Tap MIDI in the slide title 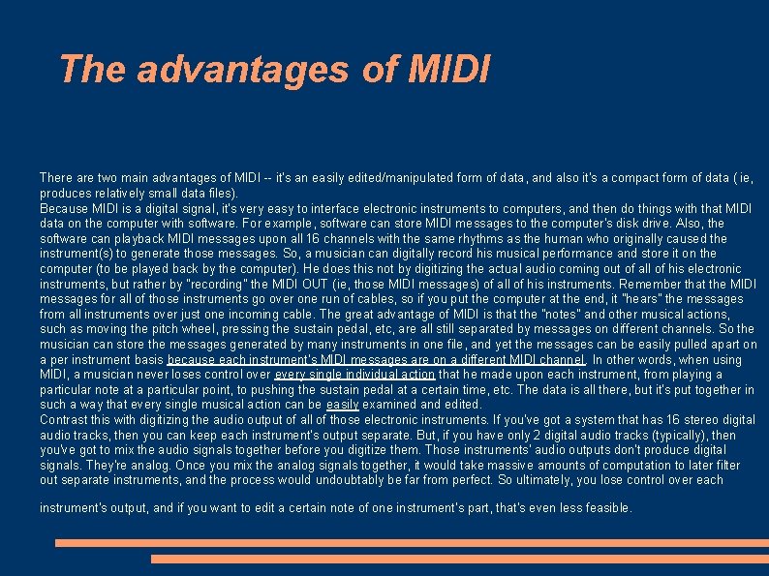click(x=450, y=69)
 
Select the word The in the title click(x=93, y=69)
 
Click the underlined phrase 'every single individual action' click(x=354, y=375)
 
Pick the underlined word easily click(x=342, y=405)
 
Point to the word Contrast click(x=64, y=420)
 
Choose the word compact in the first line click(x=575, y=178)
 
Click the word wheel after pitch click(x=202, y=329)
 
